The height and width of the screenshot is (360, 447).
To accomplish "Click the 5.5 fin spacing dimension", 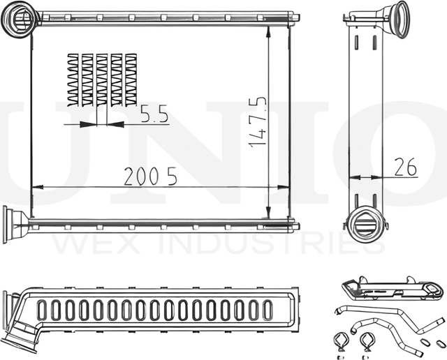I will [154, 114].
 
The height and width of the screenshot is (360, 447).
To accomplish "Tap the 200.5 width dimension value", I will [150, 177].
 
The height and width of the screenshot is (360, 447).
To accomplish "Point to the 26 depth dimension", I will [405, 167].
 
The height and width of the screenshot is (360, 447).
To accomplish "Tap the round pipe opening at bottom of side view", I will [365, 223].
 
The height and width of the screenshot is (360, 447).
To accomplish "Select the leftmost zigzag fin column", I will [73, 80].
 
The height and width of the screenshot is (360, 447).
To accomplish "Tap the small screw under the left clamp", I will [339, 357].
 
